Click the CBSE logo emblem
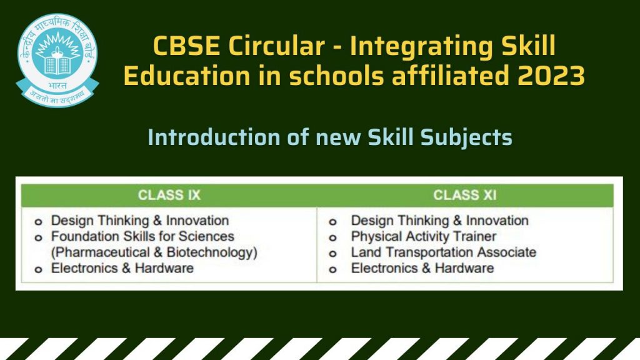[x=57, y=60]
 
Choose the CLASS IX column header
[x=169, y=195]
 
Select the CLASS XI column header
[x=465, y=195]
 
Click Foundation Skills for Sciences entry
[x=142, y=237]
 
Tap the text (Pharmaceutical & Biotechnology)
[x=154, y=252]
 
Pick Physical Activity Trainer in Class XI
[x=423, y=237]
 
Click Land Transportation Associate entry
[x=443, y=252]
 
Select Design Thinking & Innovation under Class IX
[x=140, y=221]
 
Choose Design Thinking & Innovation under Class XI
[x=439, y=221]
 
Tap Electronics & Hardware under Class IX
[x=122, y=268]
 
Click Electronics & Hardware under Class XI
[x=422, y=268]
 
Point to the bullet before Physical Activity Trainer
[x=333, y=238]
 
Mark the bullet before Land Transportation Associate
[x=333, y=254]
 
